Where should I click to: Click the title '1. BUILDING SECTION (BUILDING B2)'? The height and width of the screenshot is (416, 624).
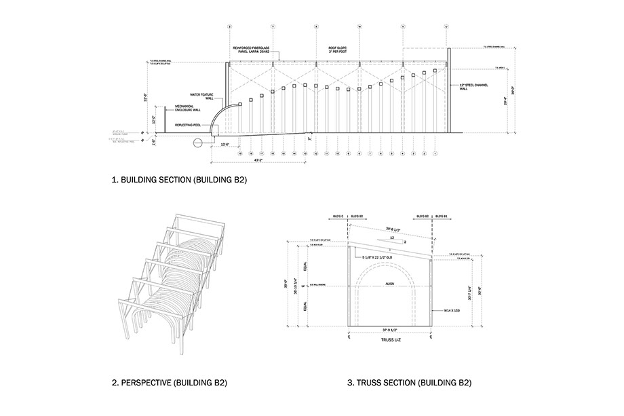(x=178, y=181)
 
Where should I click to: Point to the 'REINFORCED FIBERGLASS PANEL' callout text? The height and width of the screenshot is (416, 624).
(x=252, y=51)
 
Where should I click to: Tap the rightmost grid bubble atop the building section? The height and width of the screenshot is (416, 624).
(x=446, y=26)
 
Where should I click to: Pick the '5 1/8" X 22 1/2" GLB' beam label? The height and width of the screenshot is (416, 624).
(x=382, y=257)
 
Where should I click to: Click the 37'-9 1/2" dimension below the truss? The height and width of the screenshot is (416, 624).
(x=388, y=330)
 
